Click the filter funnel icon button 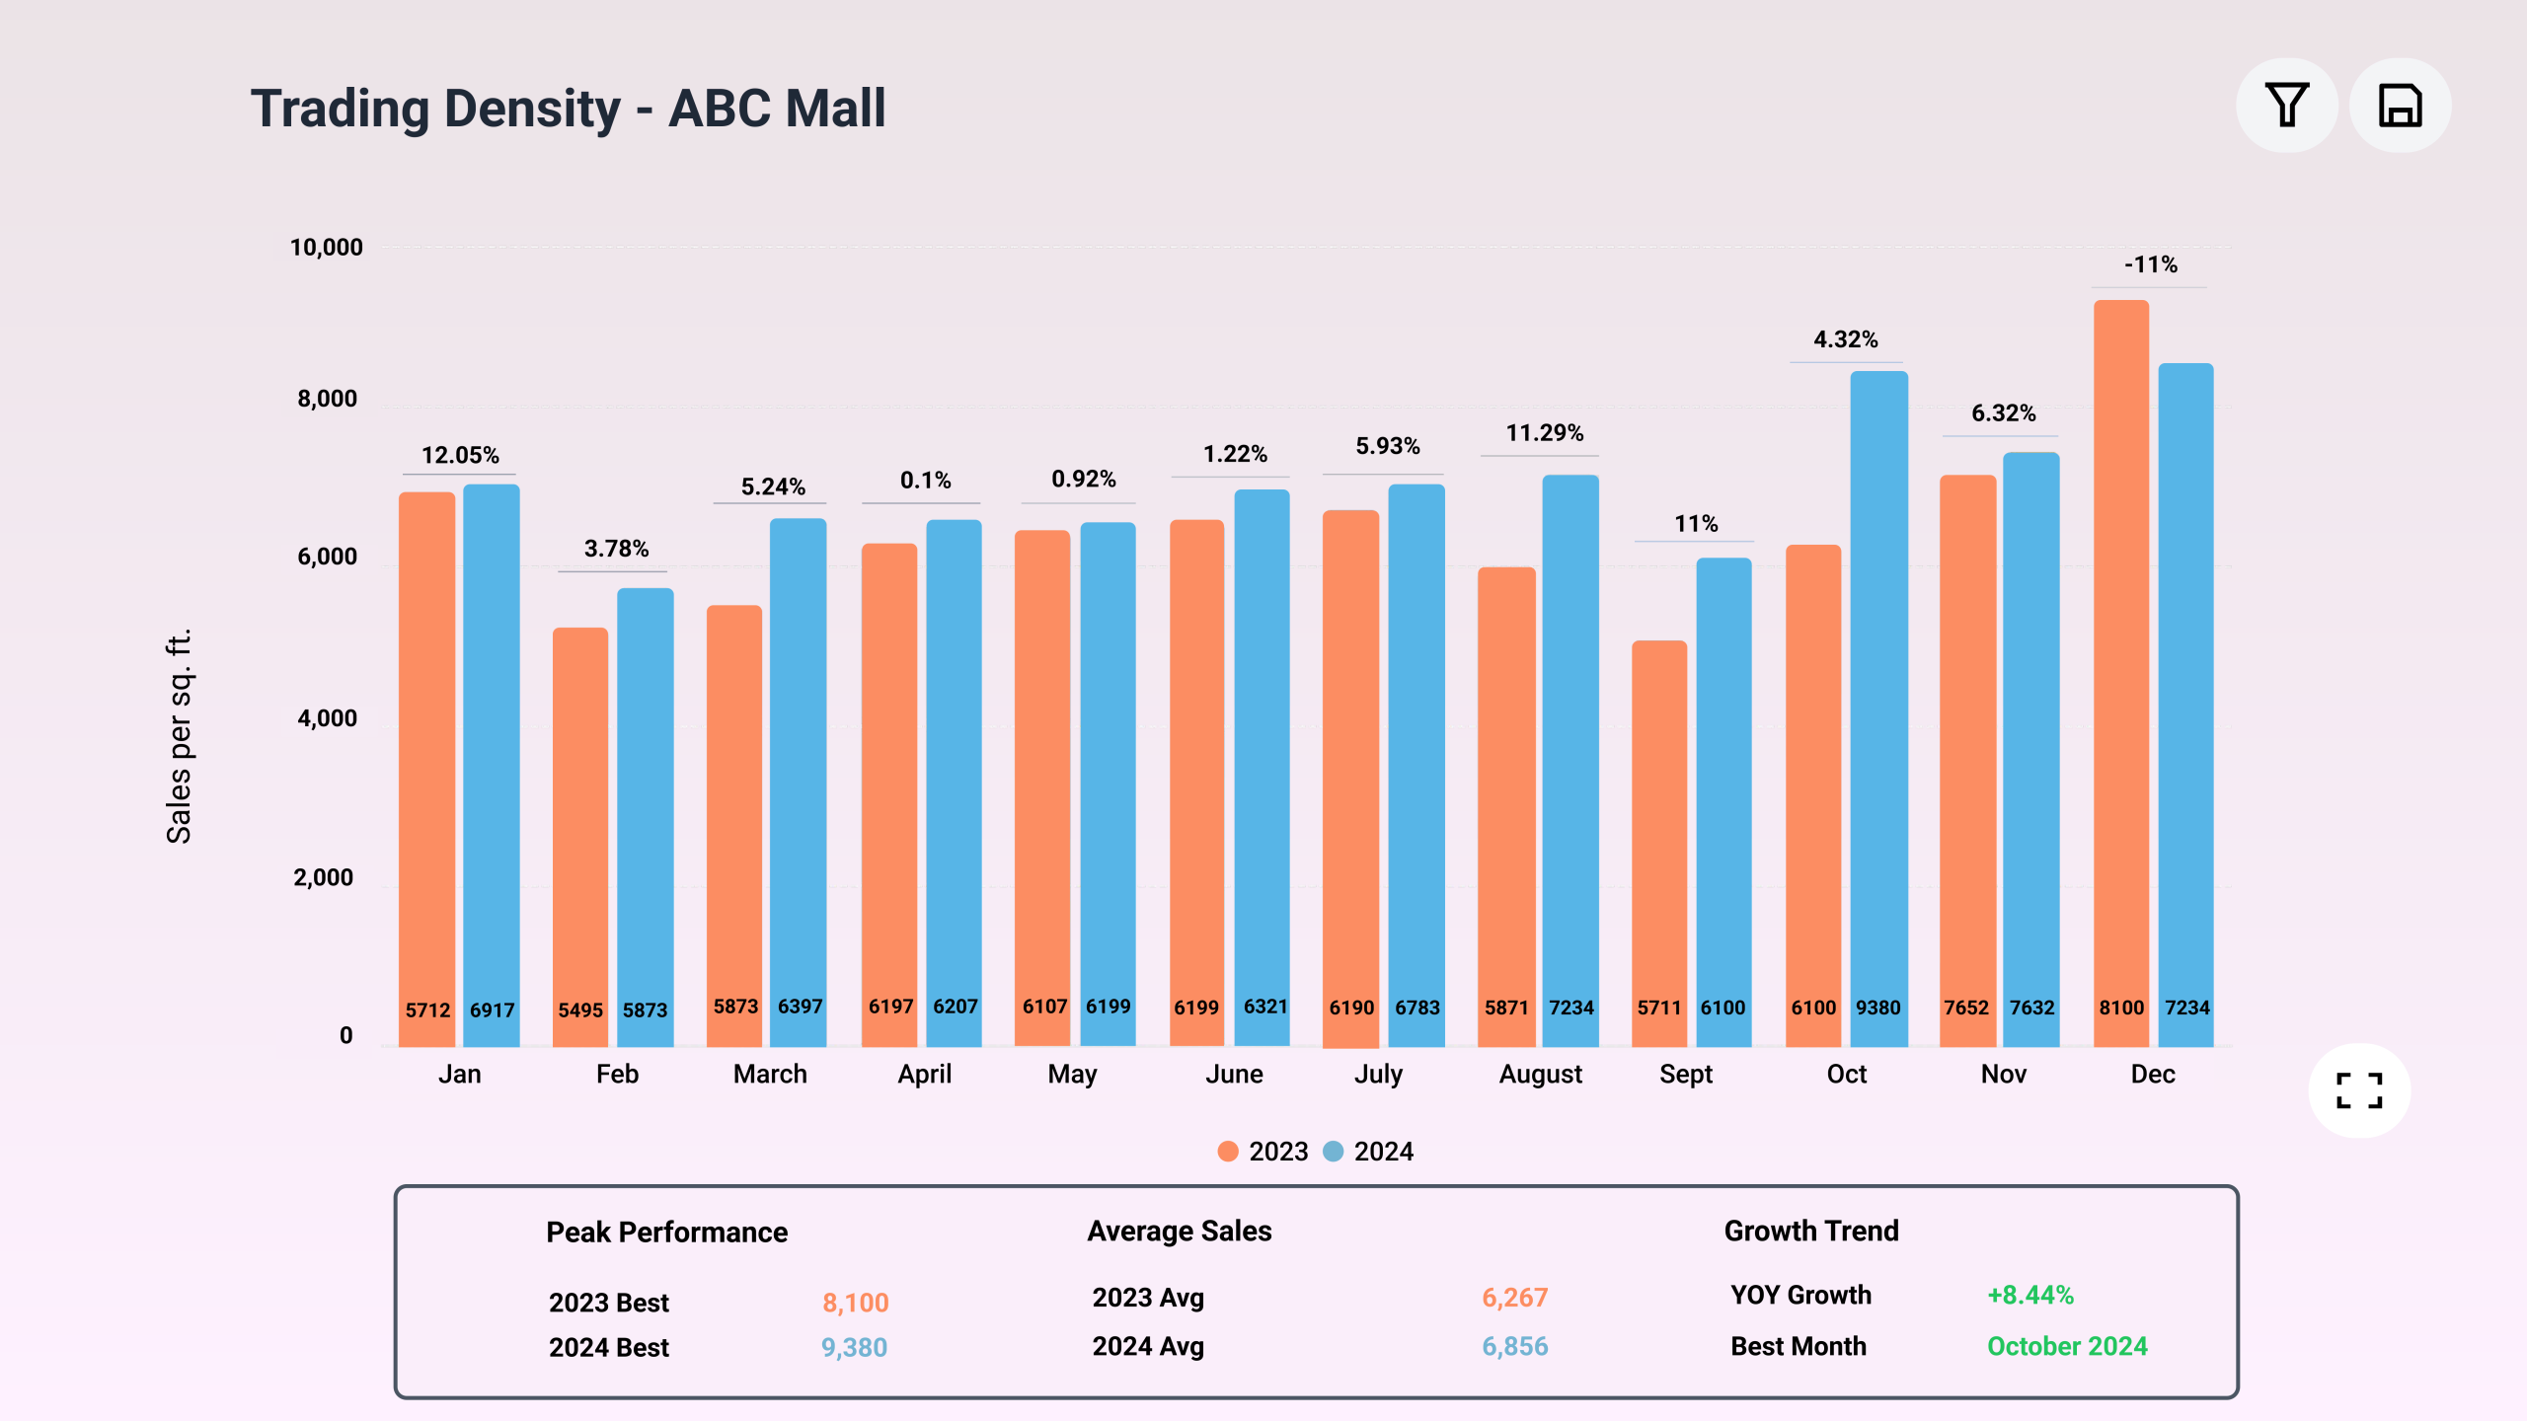pos(2286,106)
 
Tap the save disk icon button pos(2400,106)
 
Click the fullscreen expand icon pos(2359,1090)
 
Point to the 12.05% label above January pos(460,455)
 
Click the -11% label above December pos(2151,264)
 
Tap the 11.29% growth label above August pos(1544,433)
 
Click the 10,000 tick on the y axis pos(326,248)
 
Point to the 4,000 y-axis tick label pos(327,718)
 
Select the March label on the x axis pos(770,1074)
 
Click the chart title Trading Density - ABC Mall pos(568,109)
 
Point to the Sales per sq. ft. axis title pos(179,736)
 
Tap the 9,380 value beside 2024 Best pos(854,1347)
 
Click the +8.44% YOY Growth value pos(2030,1295)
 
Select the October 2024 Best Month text pos(2067,1346)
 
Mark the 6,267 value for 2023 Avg pos(1514,1298)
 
